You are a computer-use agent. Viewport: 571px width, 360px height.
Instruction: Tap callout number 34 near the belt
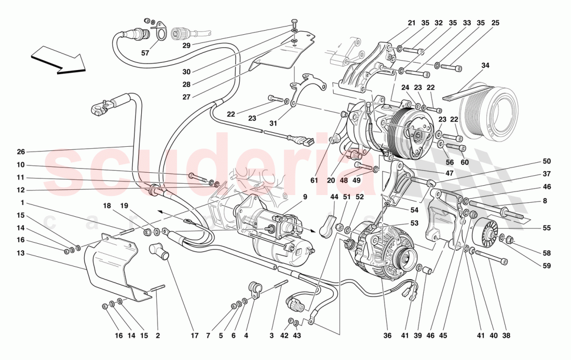point(485,65)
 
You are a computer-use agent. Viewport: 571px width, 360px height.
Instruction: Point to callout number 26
point(21,152)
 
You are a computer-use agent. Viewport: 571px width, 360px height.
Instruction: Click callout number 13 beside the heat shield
point(21,253)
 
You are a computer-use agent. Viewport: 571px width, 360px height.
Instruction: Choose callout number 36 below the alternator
point(387,336)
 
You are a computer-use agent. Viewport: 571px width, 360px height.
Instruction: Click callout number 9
point(305,197)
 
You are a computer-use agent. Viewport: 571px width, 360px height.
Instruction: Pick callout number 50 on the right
point(547,161)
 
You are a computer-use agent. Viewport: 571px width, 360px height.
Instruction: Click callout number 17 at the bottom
point(194,336)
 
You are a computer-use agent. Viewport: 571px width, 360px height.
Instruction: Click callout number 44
point(334,197)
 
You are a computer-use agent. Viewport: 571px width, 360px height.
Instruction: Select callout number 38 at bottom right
point(506,336)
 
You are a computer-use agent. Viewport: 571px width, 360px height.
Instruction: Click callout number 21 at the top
point(412,23)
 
